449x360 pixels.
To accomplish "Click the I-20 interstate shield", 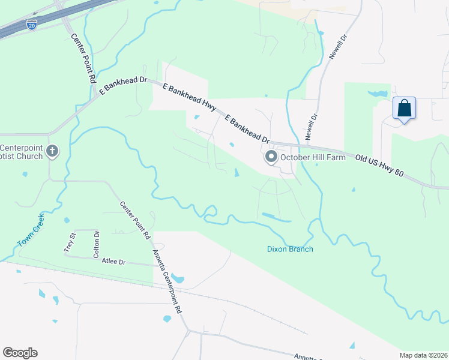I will coord(31,25).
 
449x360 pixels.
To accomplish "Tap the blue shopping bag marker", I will coord(405,109).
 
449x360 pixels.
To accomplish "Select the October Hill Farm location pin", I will coord(271,157).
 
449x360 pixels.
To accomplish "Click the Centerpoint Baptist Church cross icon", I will coord(52,151).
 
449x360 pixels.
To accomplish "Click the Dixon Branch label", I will coord(290,249).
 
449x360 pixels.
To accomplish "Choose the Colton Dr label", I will coord(96,244).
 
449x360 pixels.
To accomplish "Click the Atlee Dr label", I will coord(113,262).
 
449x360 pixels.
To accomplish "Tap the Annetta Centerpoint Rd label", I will coord(167,282).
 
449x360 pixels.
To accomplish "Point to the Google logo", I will coord(20,353).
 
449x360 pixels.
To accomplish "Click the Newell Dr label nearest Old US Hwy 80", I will coord(311,128).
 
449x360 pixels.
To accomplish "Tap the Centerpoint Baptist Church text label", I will coord(22,152).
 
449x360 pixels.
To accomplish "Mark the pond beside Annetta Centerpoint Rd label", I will coord(178,278).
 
